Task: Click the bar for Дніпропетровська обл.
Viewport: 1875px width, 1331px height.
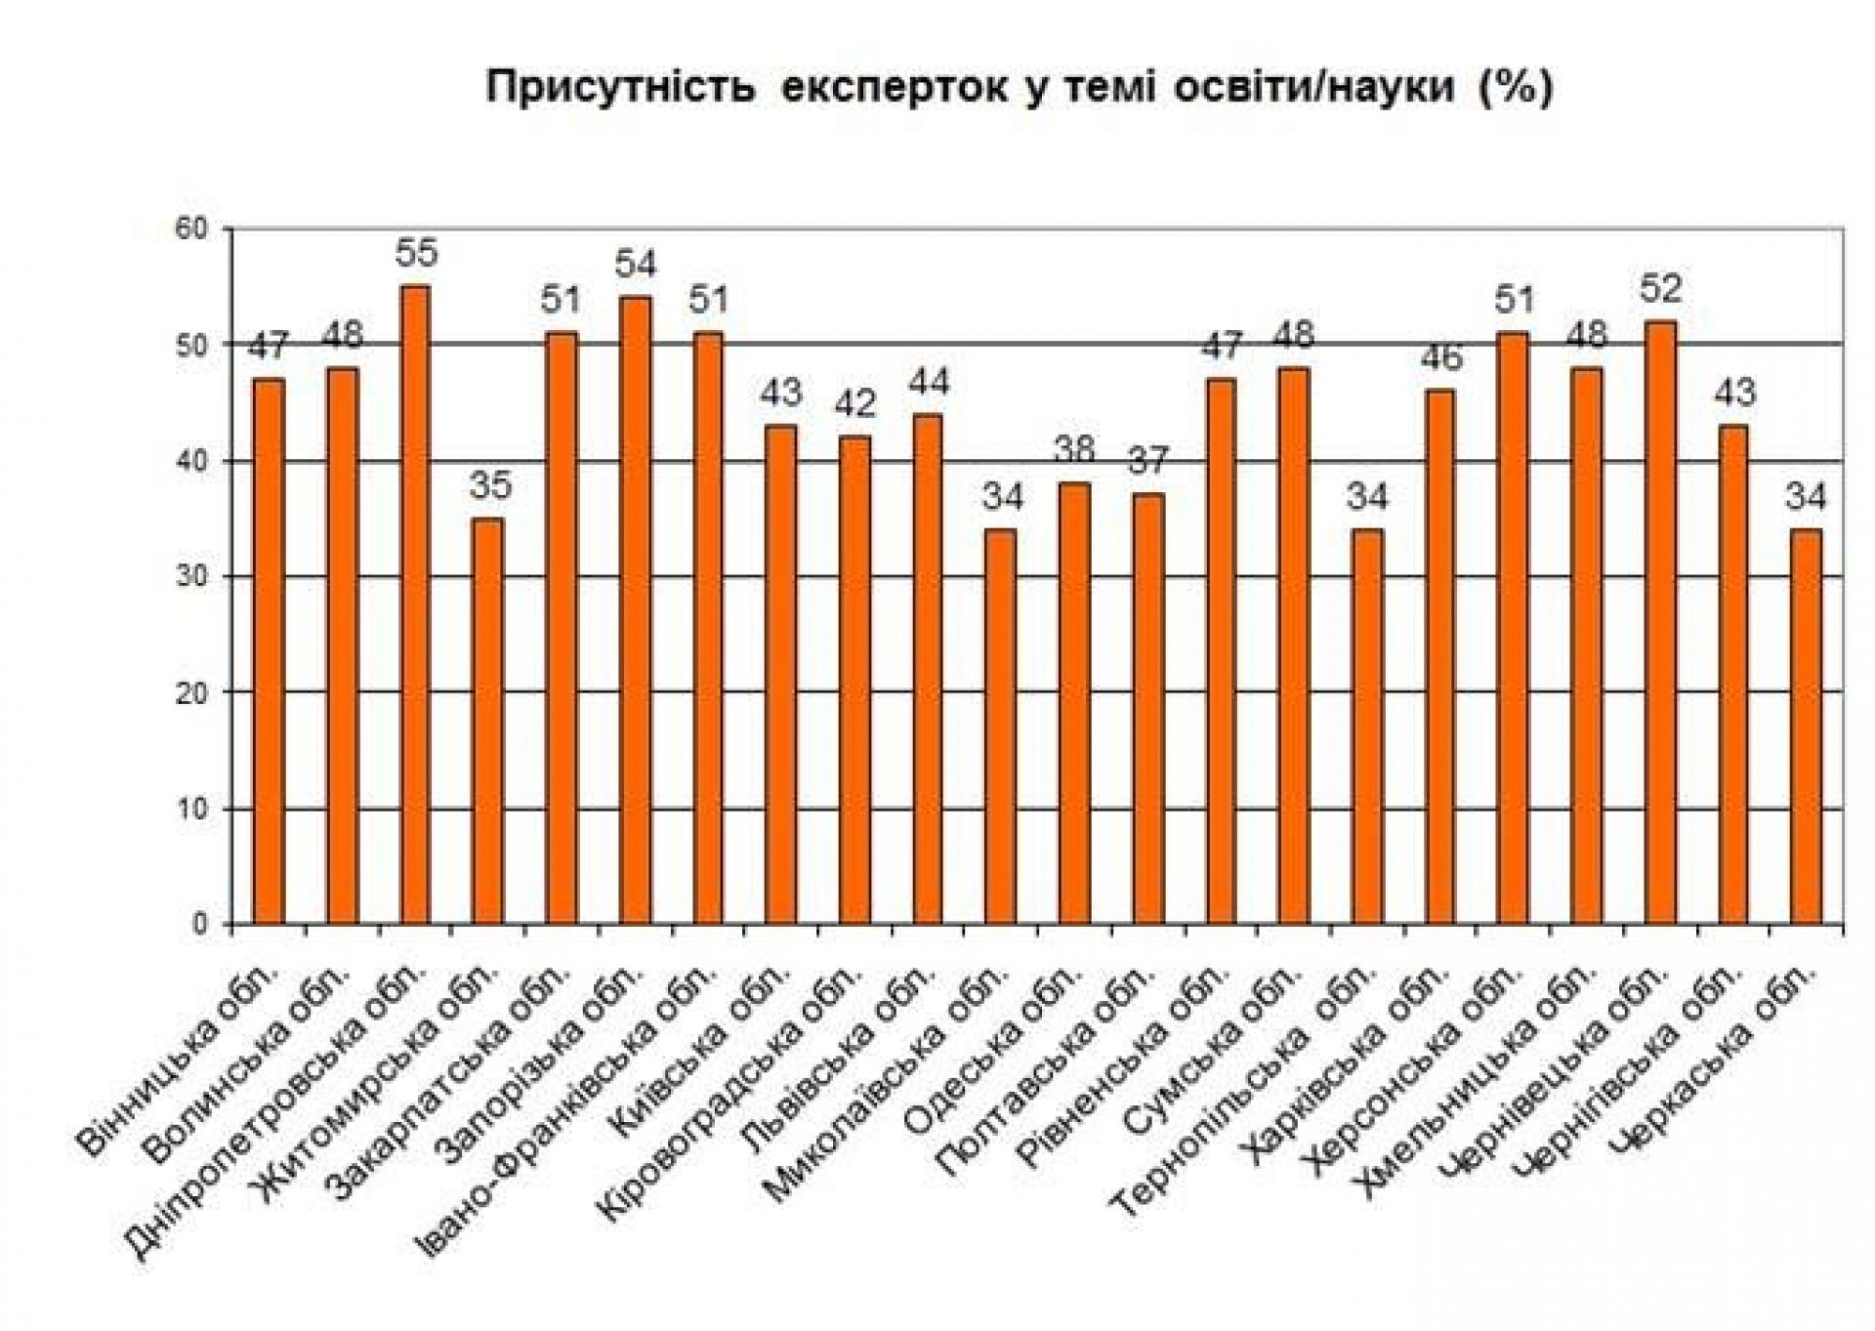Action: click(415, 605)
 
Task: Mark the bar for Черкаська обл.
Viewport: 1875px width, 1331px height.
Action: click(1808, 727)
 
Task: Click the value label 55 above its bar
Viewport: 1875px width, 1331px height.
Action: click(417, 254)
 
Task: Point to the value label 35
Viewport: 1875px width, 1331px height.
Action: click(489, 485)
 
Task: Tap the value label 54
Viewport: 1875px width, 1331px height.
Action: click(636, 265)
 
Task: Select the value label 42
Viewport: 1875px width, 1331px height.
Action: click(855, 404)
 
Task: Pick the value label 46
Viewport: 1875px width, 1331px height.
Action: click(1441, 357)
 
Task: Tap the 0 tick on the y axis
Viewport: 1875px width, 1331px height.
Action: click(200, 924)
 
